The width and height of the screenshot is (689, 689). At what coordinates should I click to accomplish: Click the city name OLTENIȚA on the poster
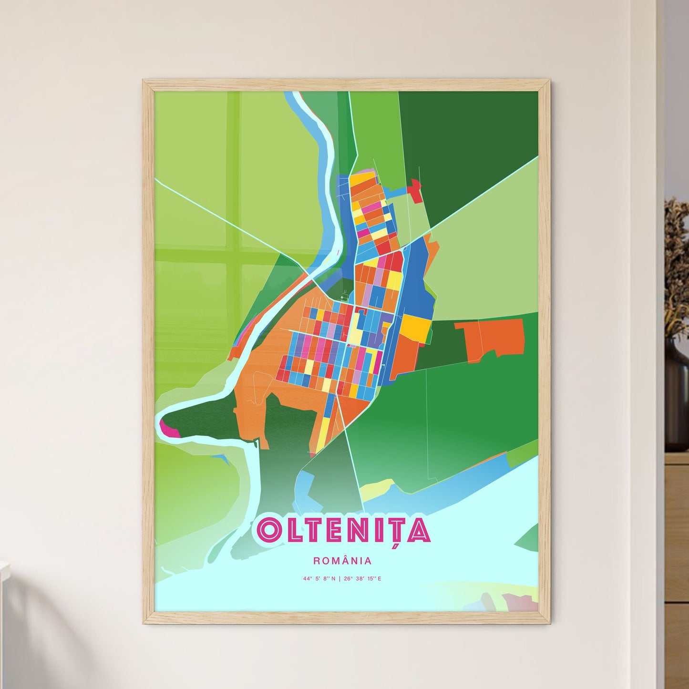click(x=343, y=529)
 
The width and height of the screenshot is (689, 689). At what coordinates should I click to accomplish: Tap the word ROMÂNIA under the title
click(x=342, y=561)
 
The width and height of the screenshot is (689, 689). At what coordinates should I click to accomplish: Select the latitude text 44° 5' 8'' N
click(x=319, y=579)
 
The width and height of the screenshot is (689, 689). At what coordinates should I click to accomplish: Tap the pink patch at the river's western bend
click(x=169, y=430)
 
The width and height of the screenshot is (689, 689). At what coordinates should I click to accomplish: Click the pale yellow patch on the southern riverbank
click(x=377, y=489)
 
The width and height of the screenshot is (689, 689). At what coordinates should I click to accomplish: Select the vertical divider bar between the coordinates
click(x=339, y=579)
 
